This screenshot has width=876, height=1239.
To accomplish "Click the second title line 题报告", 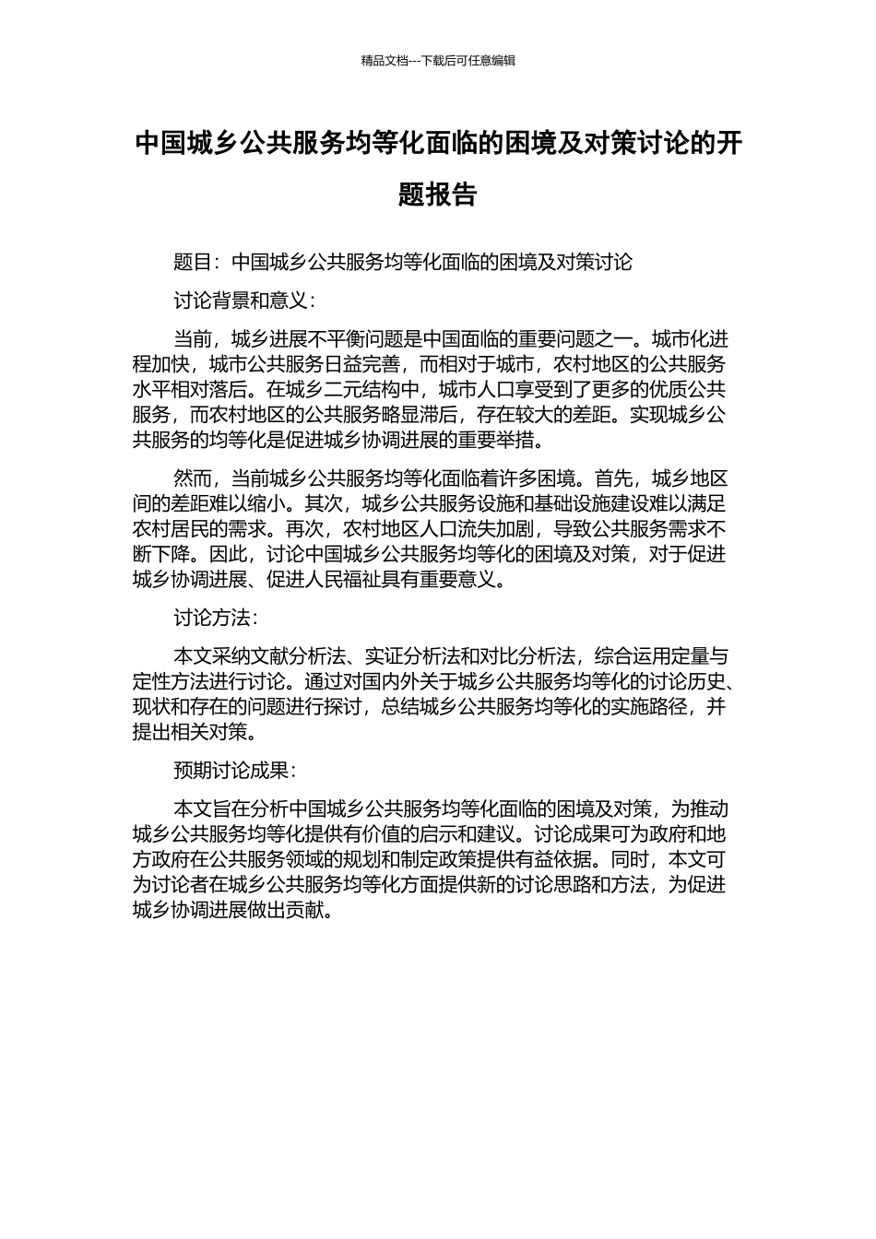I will [x=438, y=195].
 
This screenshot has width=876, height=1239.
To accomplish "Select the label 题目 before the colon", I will [x=192, y=263].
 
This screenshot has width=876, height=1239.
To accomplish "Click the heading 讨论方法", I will [x=211, y=619].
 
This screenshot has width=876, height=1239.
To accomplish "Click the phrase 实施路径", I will [x=650, y=707].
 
